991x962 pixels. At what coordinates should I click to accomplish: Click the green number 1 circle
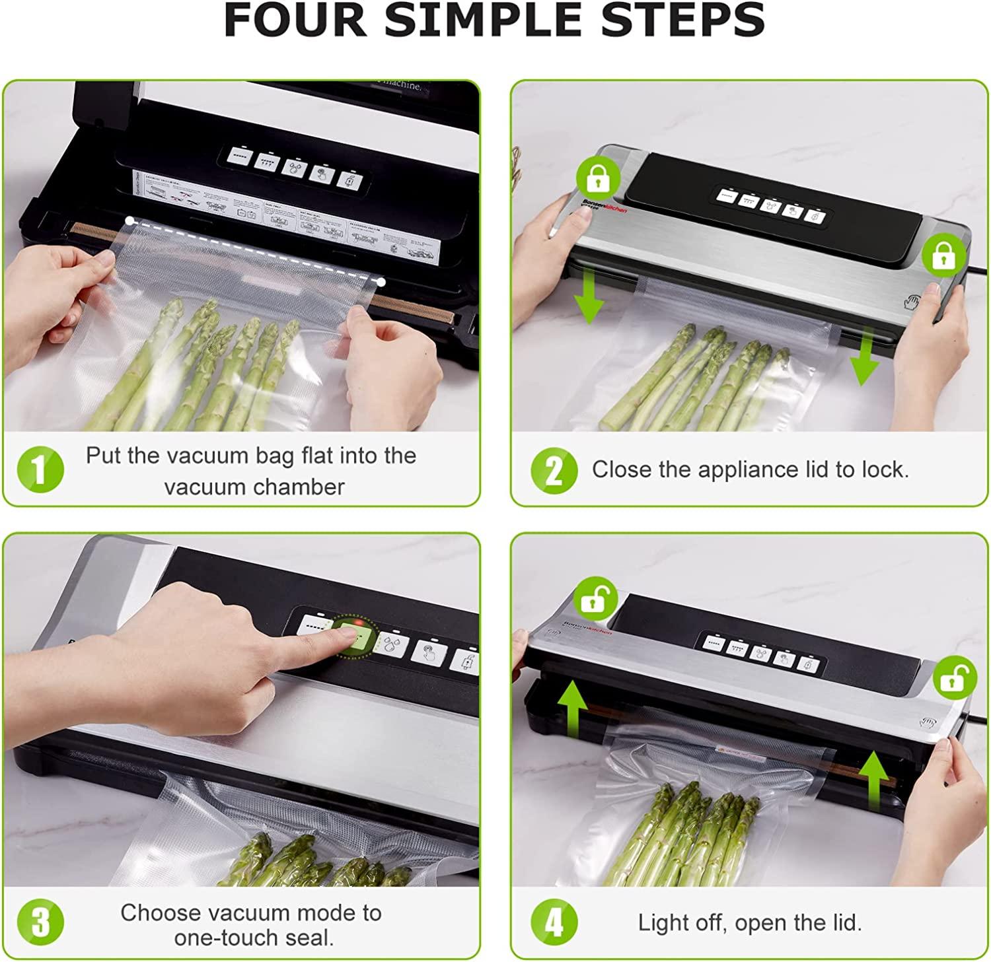pyautogui.click(x=40, y=470)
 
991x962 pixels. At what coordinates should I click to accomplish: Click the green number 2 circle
pyautogui.click(x=554, y=470)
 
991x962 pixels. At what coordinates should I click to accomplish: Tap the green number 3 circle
pyautogui.click(x=40, y=922)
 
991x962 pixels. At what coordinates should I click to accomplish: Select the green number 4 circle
pyautogui.click(x=554, y=922)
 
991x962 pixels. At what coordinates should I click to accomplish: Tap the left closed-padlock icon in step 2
pyautogui.click(x=599, y=178)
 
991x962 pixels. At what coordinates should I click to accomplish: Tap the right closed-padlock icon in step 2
pyautogui.click(x=943, y=255)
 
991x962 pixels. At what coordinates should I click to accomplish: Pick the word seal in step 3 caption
pyautogui.click(x=310, y=938)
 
